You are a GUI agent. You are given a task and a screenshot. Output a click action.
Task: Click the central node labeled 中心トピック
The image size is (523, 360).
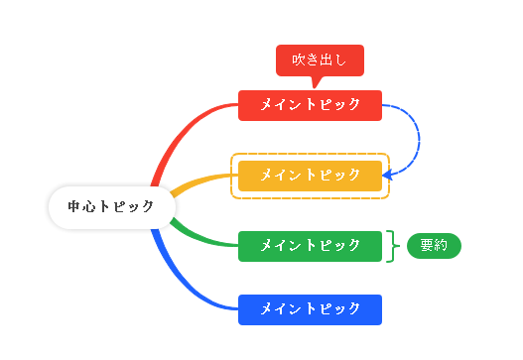[112, 207]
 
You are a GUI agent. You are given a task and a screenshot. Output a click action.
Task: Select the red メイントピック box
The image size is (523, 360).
[310, 104]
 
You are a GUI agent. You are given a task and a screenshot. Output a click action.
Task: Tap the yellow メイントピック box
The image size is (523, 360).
[310, 176]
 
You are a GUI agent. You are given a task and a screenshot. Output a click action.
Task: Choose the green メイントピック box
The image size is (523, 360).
[310, 246]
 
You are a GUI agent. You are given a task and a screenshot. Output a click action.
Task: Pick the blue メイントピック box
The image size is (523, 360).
[310, 309]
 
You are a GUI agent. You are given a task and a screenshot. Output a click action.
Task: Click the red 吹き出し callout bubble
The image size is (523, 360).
[320, 60]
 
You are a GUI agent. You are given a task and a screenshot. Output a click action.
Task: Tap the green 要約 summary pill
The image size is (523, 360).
[434, 246]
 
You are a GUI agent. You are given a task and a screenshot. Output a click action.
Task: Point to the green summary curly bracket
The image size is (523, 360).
[394, 246]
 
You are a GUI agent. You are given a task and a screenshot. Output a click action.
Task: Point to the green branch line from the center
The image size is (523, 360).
[198, 235]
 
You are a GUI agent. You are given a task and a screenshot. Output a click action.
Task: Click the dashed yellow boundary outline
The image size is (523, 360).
[311, 155]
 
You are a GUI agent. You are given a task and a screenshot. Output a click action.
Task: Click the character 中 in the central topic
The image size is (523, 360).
[74, 207]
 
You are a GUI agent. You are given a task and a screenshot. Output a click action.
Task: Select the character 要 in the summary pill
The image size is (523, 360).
[427, 246]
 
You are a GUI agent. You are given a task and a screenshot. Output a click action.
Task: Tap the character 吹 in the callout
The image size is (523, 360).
[299, 60]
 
